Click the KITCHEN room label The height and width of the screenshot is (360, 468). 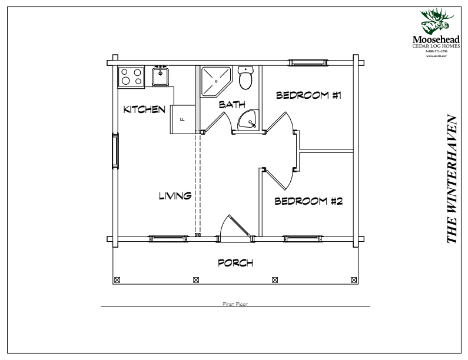tap(144, 109)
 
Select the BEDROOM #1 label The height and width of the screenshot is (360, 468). tap(309, 95)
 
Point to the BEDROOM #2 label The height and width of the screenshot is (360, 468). tap(309, 201)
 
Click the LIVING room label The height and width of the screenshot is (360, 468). tap(175, 196)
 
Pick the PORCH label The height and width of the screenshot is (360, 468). tap(235, 263)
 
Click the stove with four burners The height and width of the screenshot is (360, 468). tap(131, 77)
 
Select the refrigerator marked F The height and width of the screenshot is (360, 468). tap(183, 119)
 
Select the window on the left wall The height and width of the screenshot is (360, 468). tap(115, 152)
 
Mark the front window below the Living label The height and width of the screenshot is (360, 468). tap(166, 238)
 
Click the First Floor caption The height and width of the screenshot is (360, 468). tap(235, 304)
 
